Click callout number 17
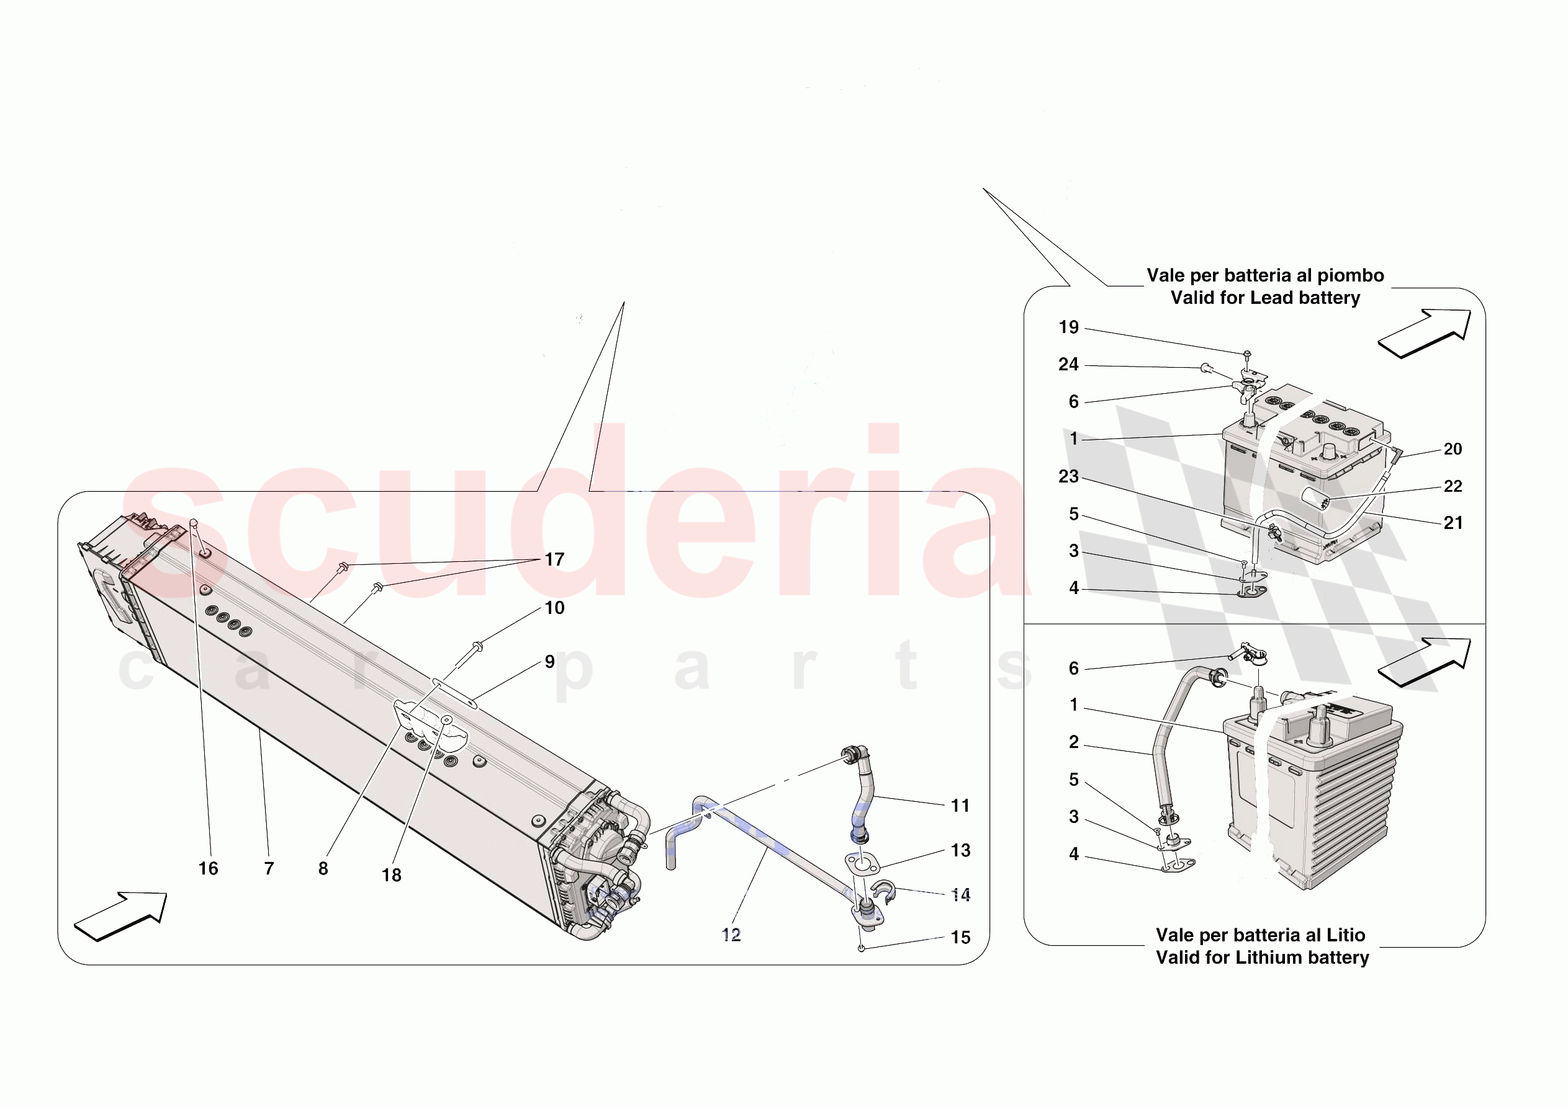(x=554, y=559)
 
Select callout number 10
(x=554, y=608)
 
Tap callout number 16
(x=209, y=868)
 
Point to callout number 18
(x=391, y=875)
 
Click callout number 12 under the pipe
(x=731, y=935)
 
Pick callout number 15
(x=960, y=938)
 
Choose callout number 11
(x=960, y=806)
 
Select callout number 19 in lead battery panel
(x=1069, y=327)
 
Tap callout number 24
(x=1069, y=365)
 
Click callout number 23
(x=1069, y=476)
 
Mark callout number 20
(x=1453, y=449)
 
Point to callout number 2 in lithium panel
(x=1073, y=742)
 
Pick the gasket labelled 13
(x=862, y=864)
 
